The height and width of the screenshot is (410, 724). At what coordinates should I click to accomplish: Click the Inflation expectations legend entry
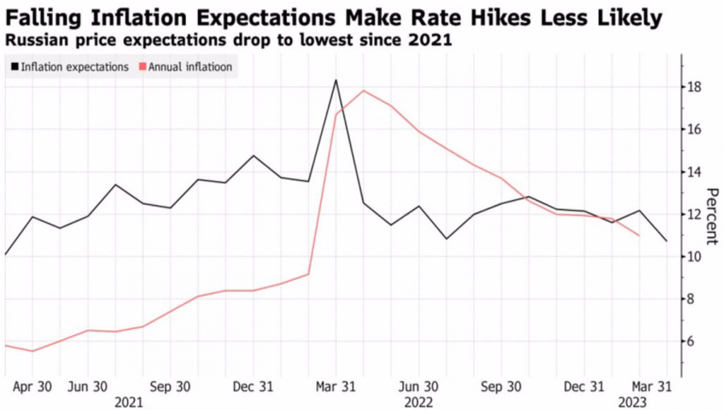pos(73,67)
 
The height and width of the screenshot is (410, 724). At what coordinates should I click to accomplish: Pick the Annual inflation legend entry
pos(190,67)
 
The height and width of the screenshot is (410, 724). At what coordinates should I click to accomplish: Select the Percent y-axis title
pos(712,215)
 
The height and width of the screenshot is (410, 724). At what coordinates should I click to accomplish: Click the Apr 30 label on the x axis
pos(33,387)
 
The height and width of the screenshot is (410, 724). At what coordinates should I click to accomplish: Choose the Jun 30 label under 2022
pos(419,387)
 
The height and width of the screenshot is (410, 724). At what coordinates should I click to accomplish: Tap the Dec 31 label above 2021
pos(253,387)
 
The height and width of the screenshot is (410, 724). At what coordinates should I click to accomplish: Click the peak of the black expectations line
pos(335,80)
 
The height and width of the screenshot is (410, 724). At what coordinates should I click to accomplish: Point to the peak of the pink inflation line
pos(364,90)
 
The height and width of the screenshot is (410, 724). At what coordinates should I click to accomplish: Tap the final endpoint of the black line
pos(667,241)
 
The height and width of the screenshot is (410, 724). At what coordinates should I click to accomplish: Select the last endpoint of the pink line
pos(639,236)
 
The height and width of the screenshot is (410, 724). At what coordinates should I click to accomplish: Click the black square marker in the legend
pos(14,67)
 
